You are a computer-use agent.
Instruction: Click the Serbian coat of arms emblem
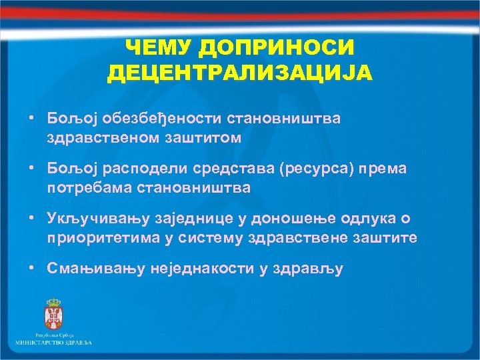click(x=51, y=313)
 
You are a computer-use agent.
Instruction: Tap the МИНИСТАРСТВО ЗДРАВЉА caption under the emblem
click(x=54, y=342)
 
